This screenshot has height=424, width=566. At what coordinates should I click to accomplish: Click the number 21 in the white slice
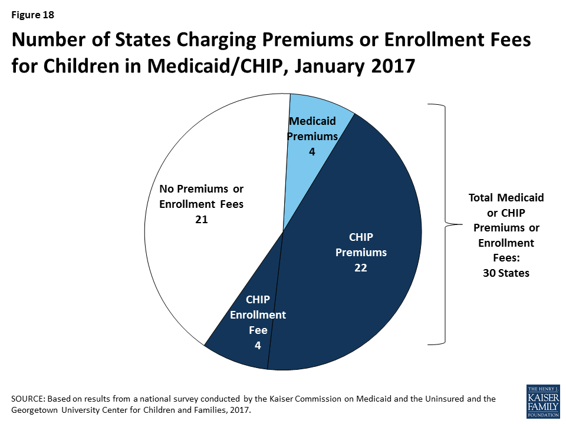[x=201, y=218]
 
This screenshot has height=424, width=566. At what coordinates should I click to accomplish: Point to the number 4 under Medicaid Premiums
[x=312, y=151]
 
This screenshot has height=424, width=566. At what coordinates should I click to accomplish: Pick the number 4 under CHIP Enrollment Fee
[x=258, y=346]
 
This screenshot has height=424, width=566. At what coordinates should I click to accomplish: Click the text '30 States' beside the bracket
[x=506, y=273]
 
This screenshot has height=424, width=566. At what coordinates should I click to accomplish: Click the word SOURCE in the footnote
[x=28, y=399]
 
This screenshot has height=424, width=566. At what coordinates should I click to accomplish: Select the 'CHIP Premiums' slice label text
[x=361, y=245]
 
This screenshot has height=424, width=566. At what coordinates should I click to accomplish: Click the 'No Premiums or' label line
[x=201, y=189]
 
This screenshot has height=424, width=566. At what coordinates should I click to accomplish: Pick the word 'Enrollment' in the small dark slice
[x=258, y=315]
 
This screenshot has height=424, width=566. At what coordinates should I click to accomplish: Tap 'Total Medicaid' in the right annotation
[x=506, y=198]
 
